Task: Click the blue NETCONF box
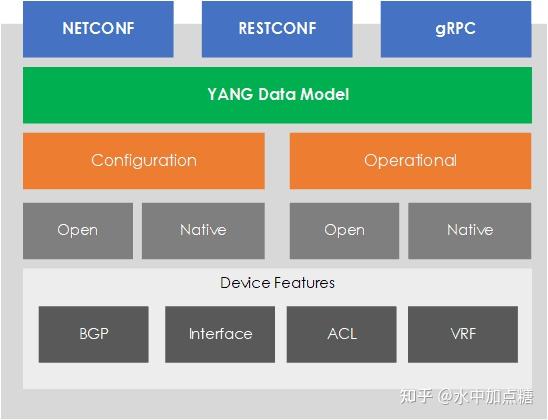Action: (98, 29)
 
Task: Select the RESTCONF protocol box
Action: (277, 29)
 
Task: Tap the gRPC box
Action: (455, 29)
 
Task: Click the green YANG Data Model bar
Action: (277, 95)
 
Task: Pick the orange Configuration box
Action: (144, 160)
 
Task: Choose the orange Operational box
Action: (410, 160)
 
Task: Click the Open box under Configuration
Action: (77, 230)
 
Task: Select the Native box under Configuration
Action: (203, 230)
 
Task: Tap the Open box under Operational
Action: (344, 230)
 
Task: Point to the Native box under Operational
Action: (470, 230)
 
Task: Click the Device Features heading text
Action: (277, 283)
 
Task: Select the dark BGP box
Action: (93, 334)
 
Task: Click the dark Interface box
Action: (220, 334)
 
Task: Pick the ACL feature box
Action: (342, 334)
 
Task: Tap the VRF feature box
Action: (464, 334)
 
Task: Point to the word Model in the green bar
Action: (326, 95)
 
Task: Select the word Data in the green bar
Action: (277, 95)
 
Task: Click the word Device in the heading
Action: (245, 283)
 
